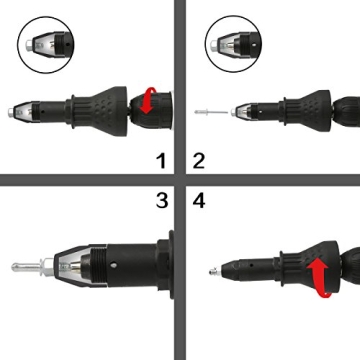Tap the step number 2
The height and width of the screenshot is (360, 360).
coord(198,157)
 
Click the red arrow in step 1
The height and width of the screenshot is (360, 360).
coord(147,100)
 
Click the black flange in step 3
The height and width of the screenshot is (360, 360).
coord(163,266)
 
